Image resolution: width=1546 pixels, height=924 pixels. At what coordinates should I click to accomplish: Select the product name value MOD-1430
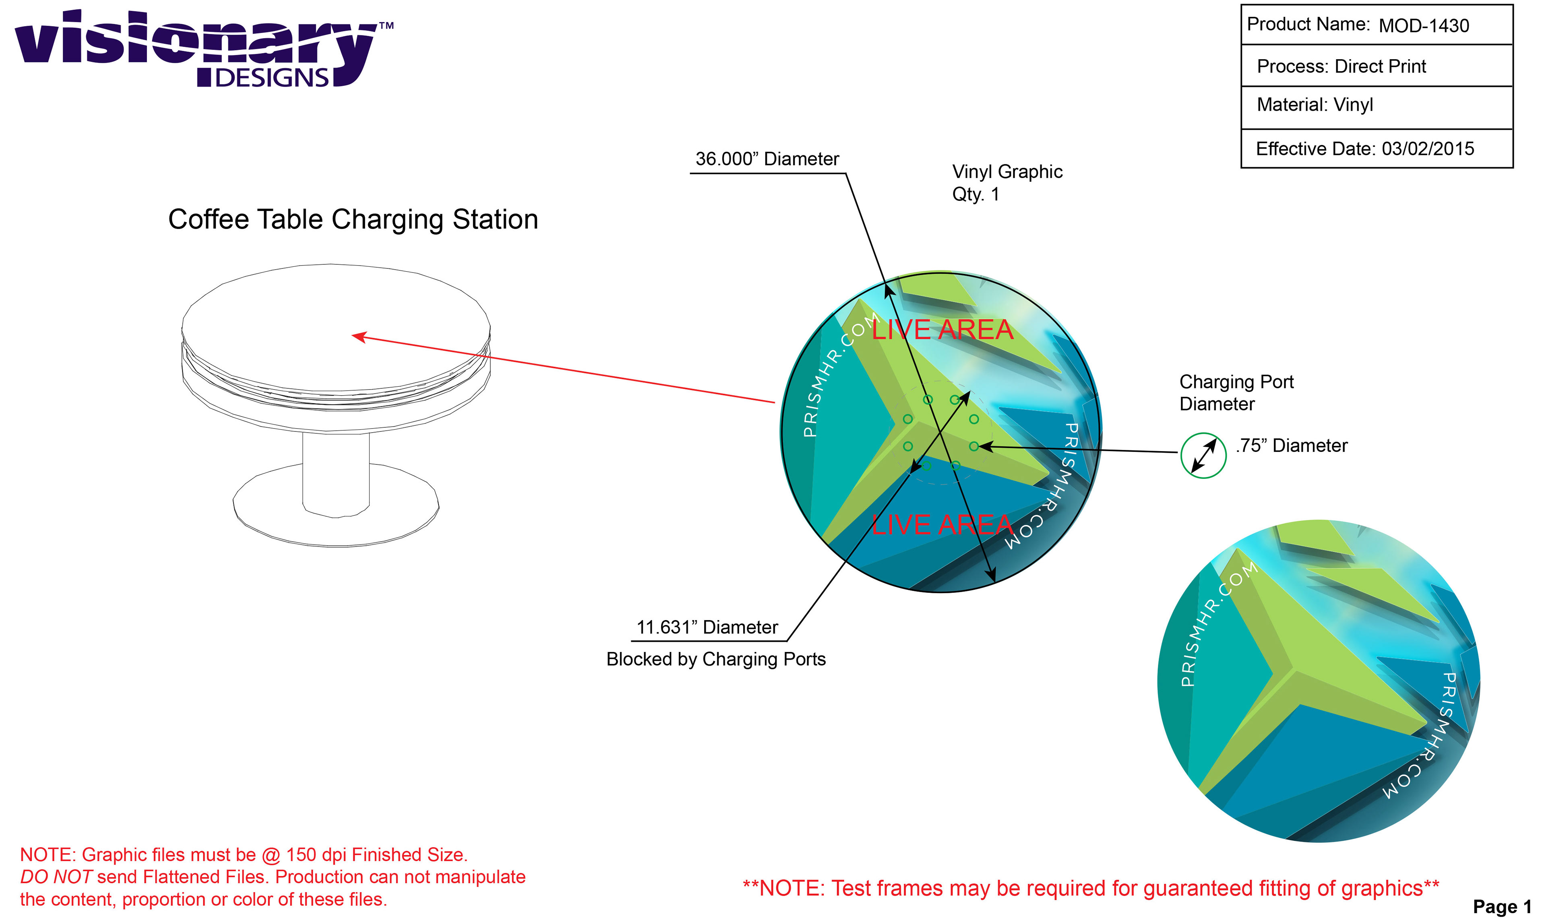1424,25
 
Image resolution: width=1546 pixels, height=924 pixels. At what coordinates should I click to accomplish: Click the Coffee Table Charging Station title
353,220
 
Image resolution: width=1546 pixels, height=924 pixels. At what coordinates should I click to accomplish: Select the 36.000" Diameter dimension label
767,159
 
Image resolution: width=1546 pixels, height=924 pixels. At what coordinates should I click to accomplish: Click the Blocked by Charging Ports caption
716,659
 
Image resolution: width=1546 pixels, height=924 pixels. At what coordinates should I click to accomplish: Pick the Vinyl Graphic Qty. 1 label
1007,182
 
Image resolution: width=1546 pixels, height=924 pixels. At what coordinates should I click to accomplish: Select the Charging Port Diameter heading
1236,393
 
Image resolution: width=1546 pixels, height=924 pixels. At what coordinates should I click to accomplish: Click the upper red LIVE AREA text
942,330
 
